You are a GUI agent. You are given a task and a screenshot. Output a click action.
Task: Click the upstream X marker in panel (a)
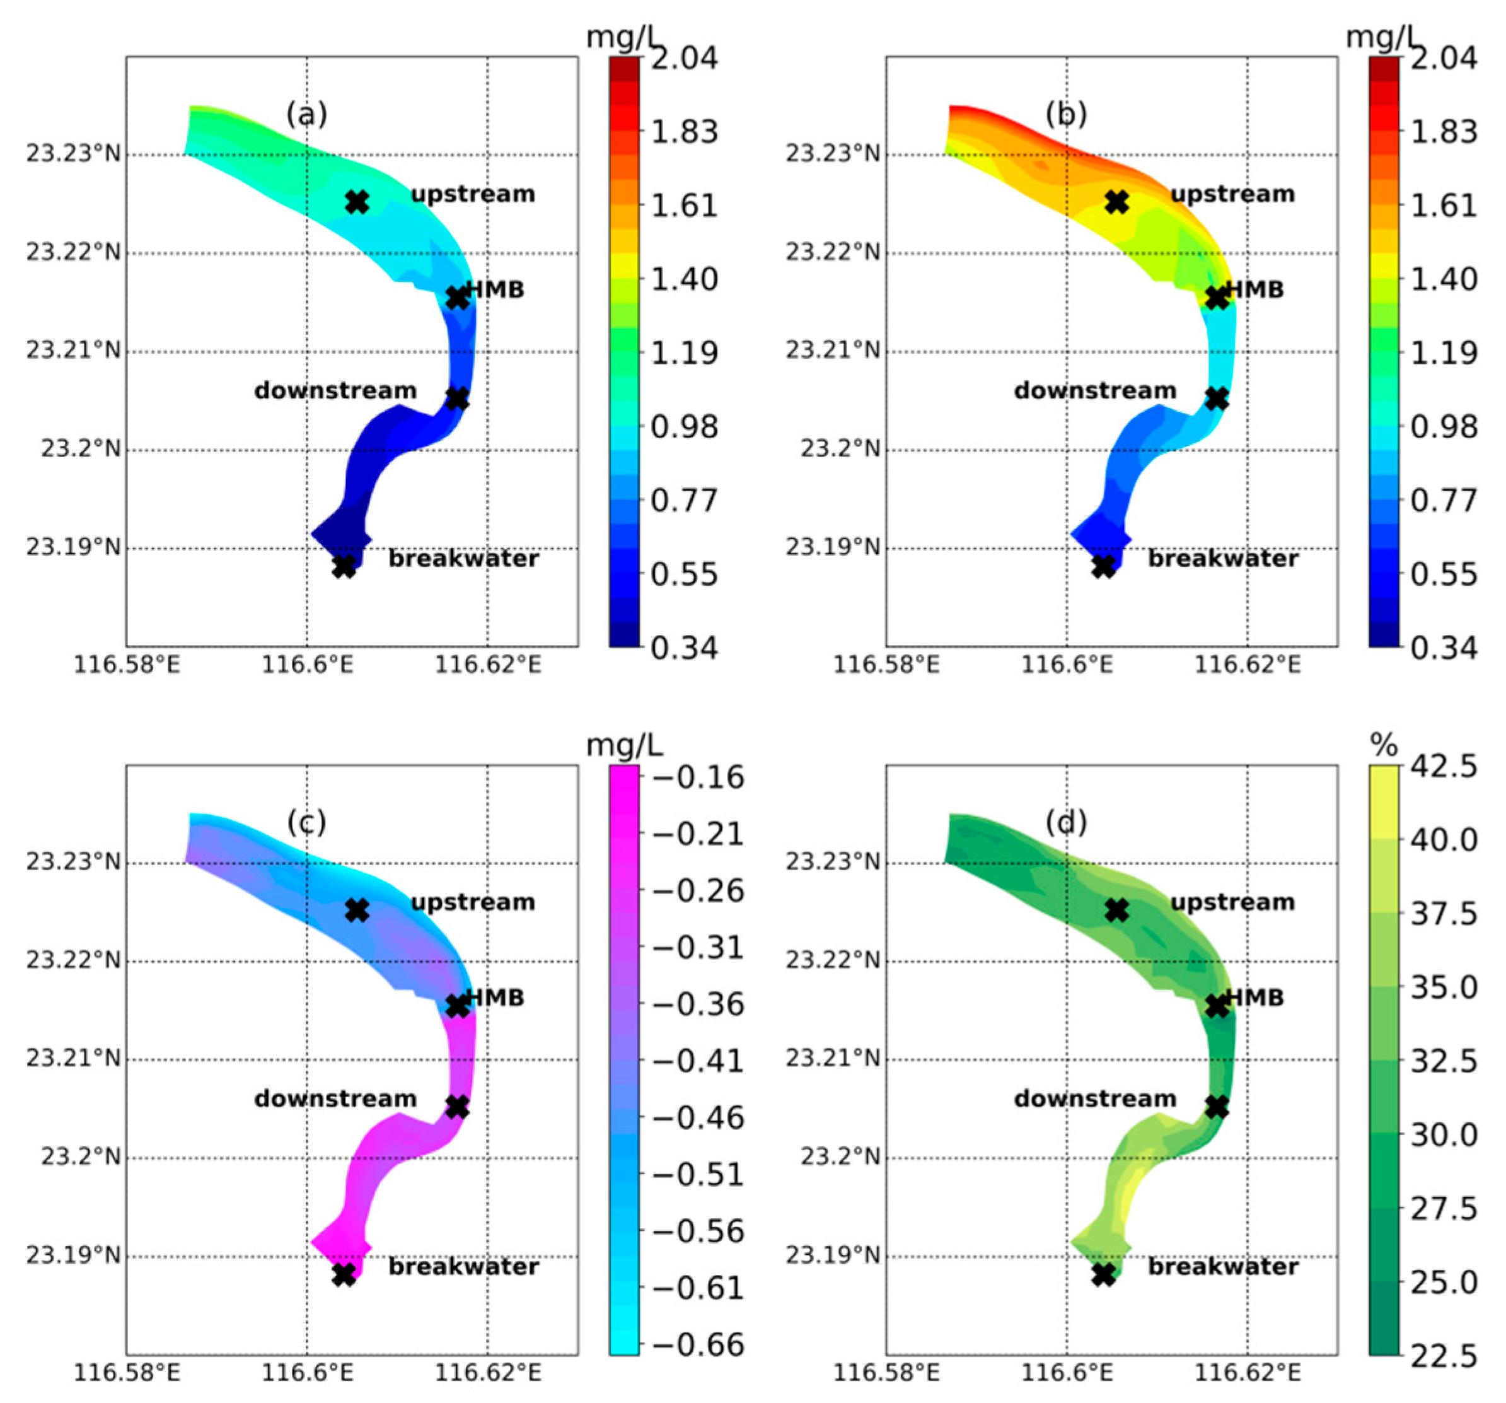coord(357,202)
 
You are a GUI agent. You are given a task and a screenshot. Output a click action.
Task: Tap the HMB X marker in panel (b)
coord(1217,298)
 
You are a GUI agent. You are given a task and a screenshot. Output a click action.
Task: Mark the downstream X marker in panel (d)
coord(1217,1107)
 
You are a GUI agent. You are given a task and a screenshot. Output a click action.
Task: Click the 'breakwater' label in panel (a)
coord(463,559)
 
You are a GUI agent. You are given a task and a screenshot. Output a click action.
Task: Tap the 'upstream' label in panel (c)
coord(473,902)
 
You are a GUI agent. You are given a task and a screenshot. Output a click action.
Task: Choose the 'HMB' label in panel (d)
coord(1255,998)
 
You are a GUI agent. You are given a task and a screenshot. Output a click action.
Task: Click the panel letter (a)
coord(307,114)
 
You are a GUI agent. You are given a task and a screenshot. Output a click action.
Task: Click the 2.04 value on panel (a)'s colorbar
coord(684,59)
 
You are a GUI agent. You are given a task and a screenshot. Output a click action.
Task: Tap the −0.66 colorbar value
coord(698,1344)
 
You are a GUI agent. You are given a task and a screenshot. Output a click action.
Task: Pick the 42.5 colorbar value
coord(1443,767)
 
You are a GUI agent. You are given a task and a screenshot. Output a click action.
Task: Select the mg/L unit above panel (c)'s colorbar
coord(624,746)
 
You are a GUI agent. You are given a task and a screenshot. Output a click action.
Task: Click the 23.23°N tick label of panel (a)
coord(74,154)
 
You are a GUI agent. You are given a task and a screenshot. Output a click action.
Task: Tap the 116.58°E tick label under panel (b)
coord(886,665)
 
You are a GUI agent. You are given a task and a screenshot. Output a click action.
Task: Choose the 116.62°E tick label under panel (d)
coord(1248,1373)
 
